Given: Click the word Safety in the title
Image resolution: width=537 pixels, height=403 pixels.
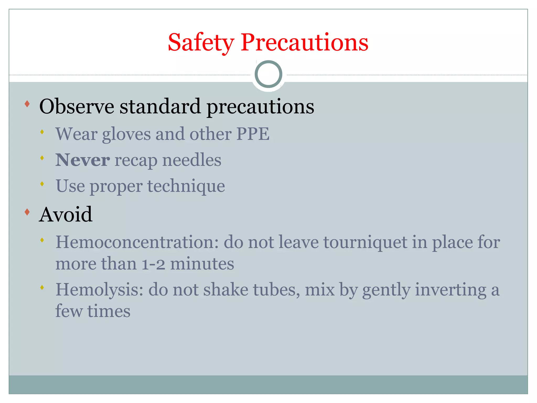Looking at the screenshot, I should [x=201, y=43].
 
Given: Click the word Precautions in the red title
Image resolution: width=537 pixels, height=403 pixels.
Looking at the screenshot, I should [x=304, y=43].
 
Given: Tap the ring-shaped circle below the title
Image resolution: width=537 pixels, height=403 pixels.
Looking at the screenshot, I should [x=268, y=74].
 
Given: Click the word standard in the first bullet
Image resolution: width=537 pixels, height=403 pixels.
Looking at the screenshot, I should [x=160, y=107].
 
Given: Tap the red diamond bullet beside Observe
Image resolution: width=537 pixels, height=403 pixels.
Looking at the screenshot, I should [x=27, y=104].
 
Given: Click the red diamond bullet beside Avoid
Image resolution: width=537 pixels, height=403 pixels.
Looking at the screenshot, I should [x=27, y=212].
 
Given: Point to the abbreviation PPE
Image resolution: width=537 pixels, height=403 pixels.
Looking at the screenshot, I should [x=253, y=134].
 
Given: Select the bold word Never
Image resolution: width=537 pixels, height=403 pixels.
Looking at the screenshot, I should [x=82, y=160].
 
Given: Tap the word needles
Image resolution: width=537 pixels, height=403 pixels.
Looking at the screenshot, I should [x=192, y=160].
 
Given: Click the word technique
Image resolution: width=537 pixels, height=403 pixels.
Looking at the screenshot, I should [x=186, y=186].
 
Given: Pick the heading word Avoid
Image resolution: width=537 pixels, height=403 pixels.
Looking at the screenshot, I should [x=66, y=215].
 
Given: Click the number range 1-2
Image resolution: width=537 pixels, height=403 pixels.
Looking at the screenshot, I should [x=153, y=264].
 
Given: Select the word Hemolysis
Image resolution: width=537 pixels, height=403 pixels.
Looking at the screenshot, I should [x=99, y=290].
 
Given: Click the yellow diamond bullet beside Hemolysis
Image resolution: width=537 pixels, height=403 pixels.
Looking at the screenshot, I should [x=42, y=288].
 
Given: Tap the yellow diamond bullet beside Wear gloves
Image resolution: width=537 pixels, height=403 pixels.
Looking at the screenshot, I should [x=42, y=132].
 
